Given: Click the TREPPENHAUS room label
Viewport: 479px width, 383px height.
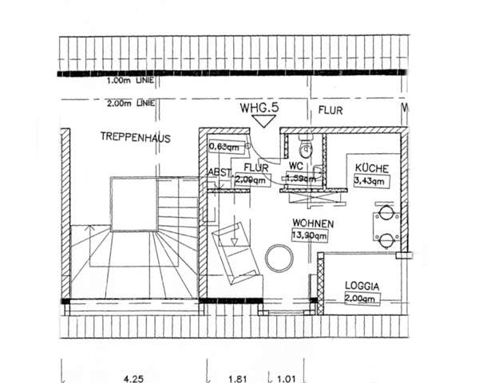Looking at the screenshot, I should (x=136, y=137).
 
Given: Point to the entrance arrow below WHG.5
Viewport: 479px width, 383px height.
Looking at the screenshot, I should (x=261, y=120).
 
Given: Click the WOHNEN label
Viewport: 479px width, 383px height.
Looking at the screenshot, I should (x=312, y=224).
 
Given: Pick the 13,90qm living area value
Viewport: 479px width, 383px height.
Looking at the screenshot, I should (x=310, y=236).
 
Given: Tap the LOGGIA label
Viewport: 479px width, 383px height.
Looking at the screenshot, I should (x=362, y=285).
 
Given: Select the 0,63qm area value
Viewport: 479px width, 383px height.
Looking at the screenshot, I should (x=224, y=147).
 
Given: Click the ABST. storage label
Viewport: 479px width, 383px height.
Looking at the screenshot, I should (x=220, y=173).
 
